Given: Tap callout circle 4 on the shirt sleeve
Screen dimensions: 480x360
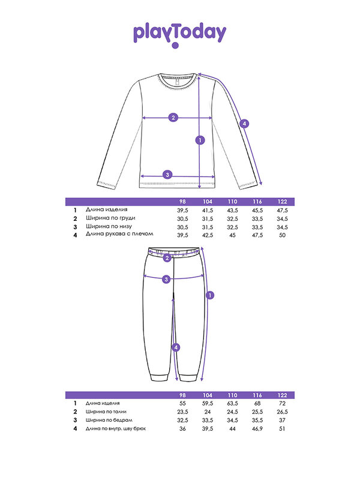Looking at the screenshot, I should pos(244,124).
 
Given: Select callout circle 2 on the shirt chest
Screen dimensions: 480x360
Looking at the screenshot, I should pos(173,117).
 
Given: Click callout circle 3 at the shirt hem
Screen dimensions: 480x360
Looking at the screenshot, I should pos(168,175).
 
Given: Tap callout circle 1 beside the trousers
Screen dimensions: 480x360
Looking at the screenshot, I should pos(210,295).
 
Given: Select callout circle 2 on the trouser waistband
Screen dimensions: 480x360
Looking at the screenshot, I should pos(167,258).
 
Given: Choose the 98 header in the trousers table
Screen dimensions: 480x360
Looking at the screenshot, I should pos(182,395).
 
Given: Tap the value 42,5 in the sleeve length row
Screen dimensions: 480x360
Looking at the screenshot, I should pos(208,236).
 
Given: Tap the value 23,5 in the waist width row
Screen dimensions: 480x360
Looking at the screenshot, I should pos(182,412).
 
